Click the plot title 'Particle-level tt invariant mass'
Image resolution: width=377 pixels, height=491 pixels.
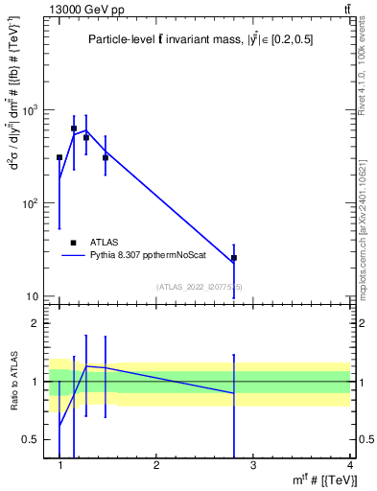pyautogui.click(x=200, y=39)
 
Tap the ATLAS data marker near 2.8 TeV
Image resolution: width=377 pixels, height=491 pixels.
pyautogui.click(x=233, y=258)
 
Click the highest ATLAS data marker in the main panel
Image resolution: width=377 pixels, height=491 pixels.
pyautogui.click(x=74, y=128)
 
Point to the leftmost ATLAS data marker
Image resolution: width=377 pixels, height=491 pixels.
pyautogui.click(x=59, y=157)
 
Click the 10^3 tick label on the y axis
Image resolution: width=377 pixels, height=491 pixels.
pyautogui.click(x=34, y=111)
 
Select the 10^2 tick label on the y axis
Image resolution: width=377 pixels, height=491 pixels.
pyautogui.click(x=34, y=203)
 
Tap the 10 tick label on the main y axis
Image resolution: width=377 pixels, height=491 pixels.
pyautogui.click(x=36, y=296)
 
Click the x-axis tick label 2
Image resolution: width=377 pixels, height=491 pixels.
pyautogui.click(x=156, y=465)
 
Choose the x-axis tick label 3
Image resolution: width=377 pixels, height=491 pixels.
pyautogui.click(x=252, y=465)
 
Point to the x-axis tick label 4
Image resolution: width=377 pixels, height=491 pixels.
pyautogui.click(x=349, y=465)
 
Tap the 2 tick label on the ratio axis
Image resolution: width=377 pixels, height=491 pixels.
pyautogui.click(x=38, y=323)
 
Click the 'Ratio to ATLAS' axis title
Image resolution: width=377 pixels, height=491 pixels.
pyautogui.click(x=14, y=381)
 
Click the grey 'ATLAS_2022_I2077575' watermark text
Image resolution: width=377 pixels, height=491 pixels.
pyautogui.click(x=200, y=286)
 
